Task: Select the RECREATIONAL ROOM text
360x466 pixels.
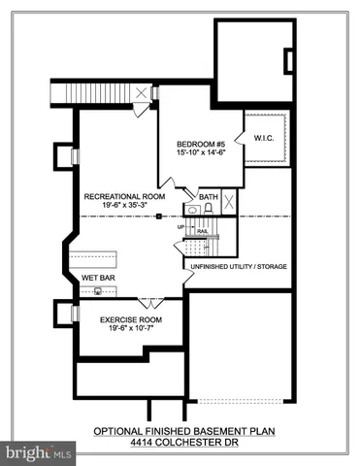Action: click(x=123, y=195)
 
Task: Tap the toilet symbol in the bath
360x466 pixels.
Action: click(x=208, y=208)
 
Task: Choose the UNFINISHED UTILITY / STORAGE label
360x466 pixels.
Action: click(x=238, y=265)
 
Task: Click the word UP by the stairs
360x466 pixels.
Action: click(x=180, y=227)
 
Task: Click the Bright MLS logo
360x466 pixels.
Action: click(x=39, y=452)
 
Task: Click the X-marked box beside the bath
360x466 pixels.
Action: click(x=229, y=202)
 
